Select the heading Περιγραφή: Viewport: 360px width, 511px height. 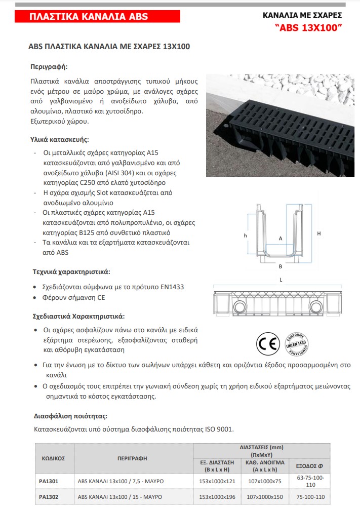point(49,66)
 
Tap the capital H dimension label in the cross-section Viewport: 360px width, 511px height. point(318,233)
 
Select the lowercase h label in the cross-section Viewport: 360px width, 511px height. point(245,235)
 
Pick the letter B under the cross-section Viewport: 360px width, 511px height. point(280,265)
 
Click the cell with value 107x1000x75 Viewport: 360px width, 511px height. point(265,481)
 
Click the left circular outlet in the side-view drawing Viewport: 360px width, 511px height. point(239,307)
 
